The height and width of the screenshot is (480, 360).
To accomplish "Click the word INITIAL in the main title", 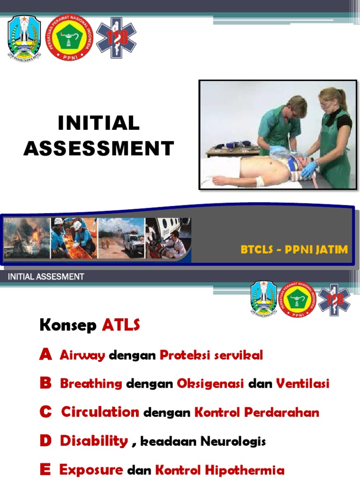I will tap(98, 123).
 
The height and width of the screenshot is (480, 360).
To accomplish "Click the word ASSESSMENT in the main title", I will tap(98, 149).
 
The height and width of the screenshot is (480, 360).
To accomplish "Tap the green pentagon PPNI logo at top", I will tap(69, 37).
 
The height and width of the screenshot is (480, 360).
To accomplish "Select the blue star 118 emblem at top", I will tap(116, 37).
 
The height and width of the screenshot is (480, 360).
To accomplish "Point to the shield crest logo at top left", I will tap(24, 38).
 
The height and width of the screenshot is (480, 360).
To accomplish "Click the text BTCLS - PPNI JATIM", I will tap(294, 249).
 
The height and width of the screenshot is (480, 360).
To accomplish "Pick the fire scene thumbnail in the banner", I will tap(27, 238).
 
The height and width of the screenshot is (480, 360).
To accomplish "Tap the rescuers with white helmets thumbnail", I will tap(74, 238).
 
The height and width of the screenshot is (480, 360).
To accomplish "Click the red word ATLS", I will tap(120, 325).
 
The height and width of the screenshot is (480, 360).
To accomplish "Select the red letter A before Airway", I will tap(45, 355).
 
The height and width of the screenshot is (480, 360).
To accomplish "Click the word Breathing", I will tap(91, 383).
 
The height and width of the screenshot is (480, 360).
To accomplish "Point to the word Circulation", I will tap(100, 412).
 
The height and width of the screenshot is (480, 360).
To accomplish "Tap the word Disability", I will tap(94, 441).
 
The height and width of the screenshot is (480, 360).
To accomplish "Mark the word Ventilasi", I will tap(302, 383).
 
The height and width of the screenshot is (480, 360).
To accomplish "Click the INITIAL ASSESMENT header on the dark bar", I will tap(46, 277).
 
